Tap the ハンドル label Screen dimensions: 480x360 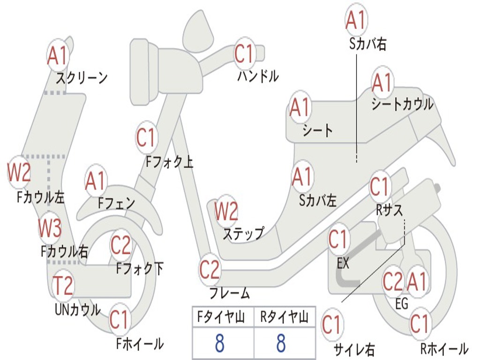coord(257,75)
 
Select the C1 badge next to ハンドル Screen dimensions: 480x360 coord(244,54)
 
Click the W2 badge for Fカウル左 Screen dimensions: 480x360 coord(19,172)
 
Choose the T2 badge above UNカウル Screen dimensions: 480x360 coord(63,285)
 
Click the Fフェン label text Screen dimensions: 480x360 coord(116,203)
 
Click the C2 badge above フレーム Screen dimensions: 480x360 coord(210,270)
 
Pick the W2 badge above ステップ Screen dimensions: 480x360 coord(226,211)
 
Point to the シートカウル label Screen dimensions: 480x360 coord(402,105)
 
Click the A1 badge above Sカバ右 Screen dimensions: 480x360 coord(355,20)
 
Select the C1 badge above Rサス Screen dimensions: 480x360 coord(380,187)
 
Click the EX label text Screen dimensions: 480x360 coord(343,263)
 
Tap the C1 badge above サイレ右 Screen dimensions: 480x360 coord(331,324)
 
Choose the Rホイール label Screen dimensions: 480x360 coord(444,349)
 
